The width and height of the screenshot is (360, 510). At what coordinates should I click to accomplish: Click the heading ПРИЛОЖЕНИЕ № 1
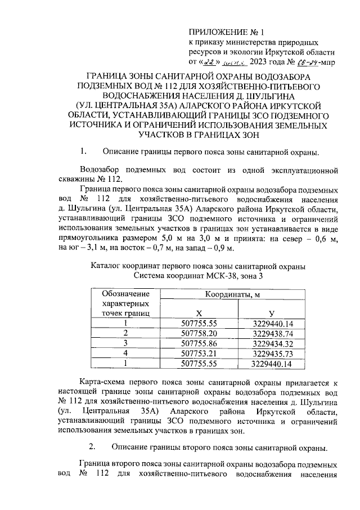(223, 32)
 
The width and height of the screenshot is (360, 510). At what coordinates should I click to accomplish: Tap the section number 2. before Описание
(93, 449)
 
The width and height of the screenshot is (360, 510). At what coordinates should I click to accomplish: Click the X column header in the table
(199, 313)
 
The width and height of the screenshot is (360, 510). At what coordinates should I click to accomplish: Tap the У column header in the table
(273, 313)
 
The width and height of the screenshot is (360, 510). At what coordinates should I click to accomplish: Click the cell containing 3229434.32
(273, 343)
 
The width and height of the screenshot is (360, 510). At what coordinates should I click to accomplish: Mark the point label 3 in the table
(126, 343)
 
